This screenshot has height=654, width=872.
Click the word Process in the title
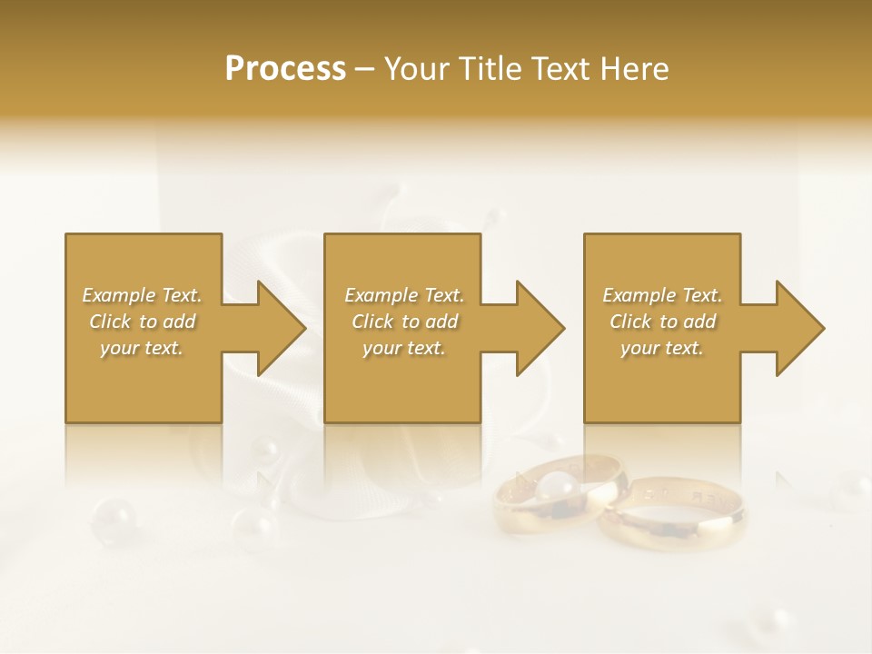click(x=285, y=69)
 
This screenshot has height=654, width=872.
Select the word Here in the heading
click(x=633, y=69)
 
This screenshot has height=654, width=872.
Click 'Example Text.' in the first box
click(x=143, y=295)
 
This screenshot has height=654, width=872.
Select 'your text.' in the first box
click(x=143, y=348)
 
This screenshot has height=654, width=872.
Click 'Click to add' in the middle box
click(x=404, y=322)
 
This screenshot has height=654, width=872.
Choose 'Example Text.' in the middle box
click(x=404, y=295)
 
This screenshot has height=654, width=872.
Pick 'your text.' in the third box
click(x=662, y=348)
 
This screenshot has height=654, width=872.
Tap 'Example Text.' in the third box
click(x=662, y=295)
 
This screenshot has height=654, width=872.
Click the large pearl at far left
click(x=114, y=519)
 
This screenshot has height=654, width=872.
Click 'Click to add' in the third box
click(x=662, y=322)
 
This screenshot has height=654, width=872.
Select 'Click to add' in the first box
click(x=143, y=322)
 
